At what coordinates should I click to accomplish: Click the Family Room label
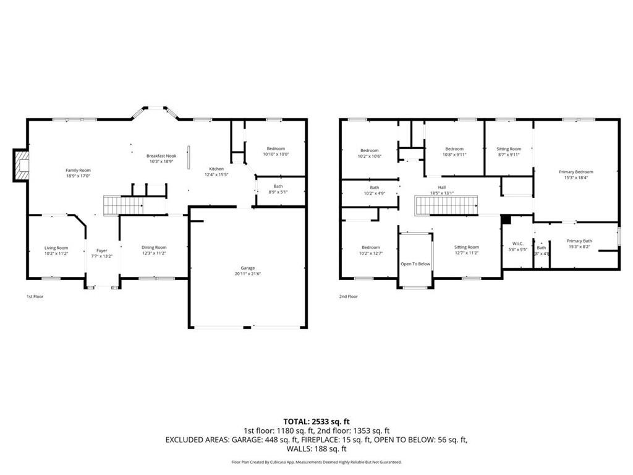[79, 170]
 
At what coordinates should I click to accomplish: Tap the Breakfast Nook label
[161, 156]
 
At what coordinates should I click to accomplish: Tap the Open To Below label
[415, 264]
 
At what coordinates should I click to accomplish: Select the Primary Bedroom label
[576, 172]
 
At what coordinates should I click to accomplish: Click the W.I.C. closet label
[518, 244]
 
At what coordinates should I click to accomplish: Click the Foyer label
[101, 250]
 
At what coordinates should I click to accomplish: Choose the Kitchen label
[216, 169]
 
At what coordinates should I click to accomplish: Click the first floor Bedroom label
[276, 148]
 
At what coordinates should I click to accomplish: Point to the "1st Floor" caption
[35, 296]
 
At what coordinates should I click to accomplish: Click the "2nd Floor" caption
[348, 296]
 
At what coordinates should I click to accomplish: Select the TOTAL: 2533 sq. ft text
[316, 421]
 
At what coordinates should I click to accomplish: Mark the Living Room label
[56, 248]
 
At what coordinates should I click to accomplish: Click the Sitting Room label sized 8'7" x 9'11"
[509, 149]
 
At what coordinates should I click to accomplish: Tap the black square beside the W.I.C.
[506, 219]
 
